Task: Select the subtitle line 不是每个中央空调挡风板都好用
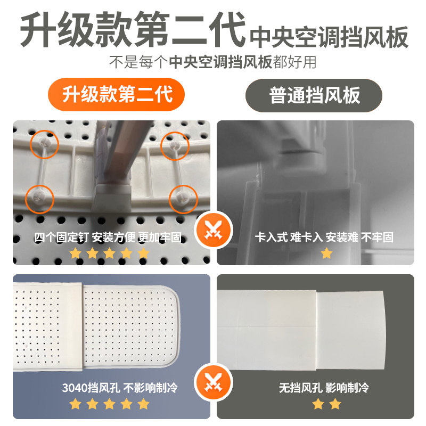click(x=213, y=62)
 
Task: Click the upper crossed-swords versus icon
click(x=213, y=231)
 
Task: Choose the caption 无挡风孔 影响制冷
click(x=324, y=388)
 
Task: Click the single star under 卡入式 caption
click(x=326, y=253)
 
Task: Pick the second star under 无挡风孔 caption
click(x=334, y=404)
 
